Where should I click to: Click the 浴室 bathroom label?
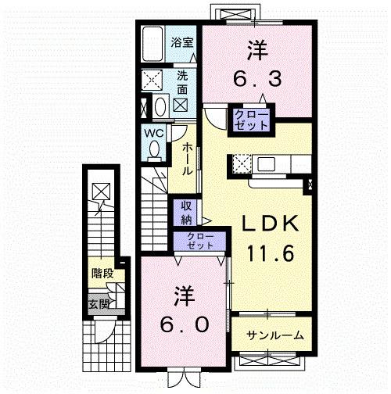click(x=183, y=44)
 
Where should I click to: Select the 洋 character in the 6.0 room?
click(x=184, y=295)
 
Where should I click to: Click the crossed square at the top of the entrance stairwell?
click(x=100, y=190)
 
